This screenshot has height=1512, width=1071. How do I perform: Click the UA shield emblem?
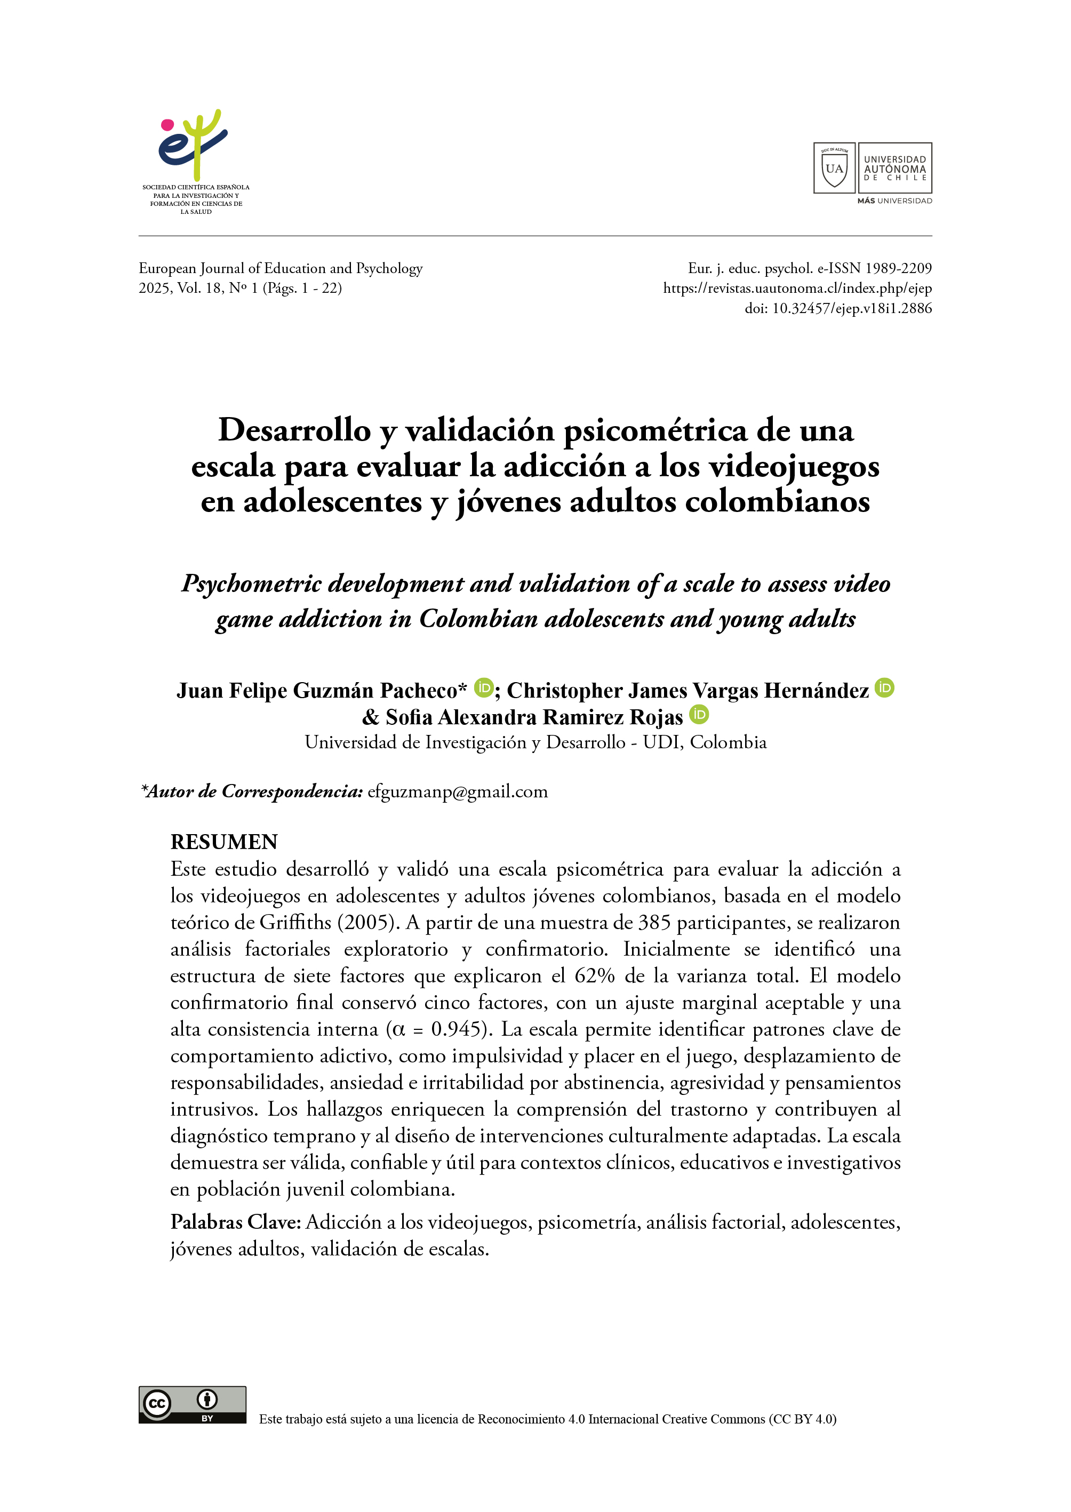[834, 168]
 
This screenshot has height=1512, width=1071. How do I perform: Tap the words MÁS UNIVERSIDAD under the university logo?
[894, 201]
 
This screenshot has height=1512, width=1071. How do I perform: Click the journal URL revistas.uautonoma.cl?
[797, 288]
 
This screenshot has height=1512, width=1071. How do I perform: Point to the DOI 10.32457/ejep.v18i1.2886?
[851, 308]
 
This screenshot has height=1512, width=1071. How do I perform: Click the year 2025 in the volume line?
[154, 288]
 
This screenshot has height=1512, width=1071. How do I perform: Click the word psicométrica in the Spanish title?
[655, 430]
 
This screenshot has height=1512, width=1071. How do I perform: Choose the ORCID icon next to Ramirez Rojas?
[699, 714]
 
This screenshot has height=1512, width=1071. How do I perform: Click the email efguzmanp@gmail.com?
[458, 791]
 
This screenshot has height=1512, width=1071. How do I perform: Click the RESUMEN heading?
[224, 842]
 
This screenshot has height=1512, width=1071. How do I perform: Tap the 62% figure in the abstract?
[594, 975]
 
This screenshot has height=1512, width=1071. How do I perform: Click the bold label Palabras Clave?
[235, 1222]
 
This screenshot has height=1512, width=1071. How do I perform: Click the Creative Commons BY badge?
[193, 1404]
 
